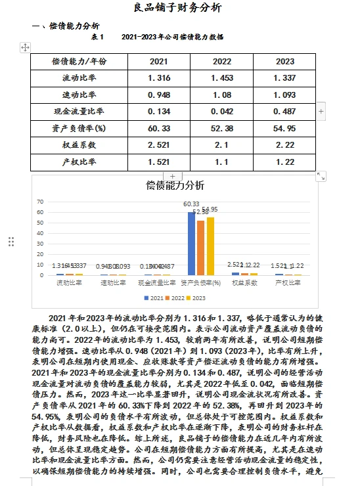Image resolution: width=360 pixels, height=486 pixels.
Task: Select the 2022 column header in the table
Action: pyautogui.click(x=222, y=61)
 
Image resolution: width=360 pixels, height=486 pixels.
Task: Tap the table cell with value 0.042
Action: pyautogui.click(x=222, y=110)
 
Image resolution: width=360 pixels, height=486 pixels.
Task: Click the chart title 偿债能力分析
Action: pyautogui.click(x=175, y=185)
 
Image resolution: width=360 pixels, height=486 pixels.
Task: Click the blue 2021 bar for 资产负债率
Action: pyautogui.click(x=191, y=243)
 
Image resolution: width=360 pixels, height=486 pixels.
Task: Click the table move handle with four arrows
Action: pyautogui.click(x=25, y=47)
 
